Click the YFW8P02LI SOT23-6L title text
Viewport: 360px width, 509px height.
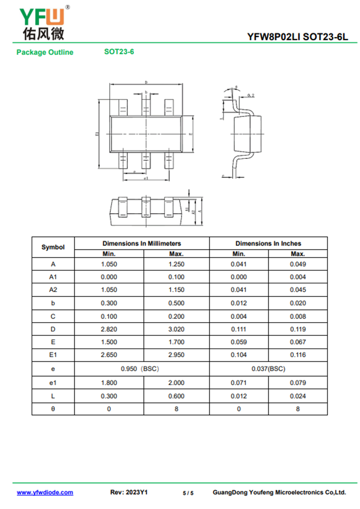pyautogui.click(x=297, y=37)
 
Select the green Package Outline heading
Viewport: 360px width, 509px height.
pyautogui.click(x=45, y=52)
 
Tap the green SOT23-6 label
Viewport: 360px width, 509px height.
pyautogui.click(x=119, y=51)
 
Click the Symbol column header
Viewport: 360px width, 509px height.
pyautogui.click(x=53, y=247)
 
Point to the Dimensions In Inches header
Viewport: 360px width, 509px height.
pyautogui.click(x=268, y=243)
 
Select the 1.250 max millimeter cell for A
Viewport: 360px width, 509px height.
pyautogui.click(x=176, y=264)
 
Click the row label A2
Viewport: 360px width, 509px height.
pyautogui.click(x=53, y=290)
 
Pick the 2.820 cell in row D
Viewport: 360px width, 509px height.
pyautogui.click(x=109, y=329)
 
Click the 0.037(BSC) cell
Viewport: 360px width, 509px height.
pyautogui.click(x=268, y=369)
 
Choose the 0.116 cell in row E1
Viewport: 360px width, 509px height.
pyautogui.click(x=298, y=355)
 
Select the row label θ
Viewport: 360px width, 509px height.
pyautogui.click(x=53, y=409)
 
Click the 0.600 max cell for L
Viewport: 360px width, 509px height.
pyautogui.click(x=176, y=396)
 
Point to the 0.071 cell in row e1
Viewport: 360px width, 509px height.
pyautogui.click(x=238, y=383)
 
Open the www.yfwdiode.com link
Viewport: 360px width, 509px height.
pyautogui.click(x=45, y=492)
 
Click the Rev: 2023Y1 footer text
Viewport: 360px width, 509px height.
pyautogui.click(x=129, y=492)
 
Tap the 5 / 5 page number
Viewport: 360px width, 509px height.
pyautogui.click(x=188, y=493)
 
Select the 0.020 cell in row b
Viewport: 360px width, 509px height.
pyautogui.click(x=298, y=303)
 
